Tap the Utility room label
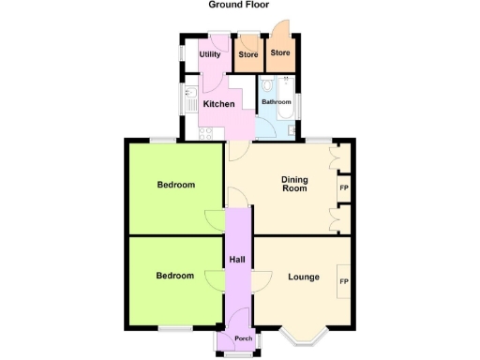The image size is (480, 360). [210, 54]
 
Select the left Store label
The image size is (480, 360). [247, 54]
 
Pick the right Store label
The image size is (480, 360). [280, 52]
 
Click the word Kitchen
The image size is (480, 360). [218, 103]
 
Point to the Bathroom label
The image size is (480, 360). [276, 101]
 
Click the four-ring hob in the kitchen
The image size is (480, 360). [190, 126]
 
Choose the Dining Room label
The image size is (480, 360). [295, 183]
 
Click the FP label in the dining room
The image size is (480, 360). [342, 187]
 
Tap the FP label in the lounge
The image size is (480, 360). [343, 282]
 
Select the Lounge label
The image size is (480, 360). [303, 277]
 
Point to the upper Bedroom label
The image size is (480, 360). [175, 185]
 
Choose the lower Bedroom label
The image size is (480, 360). [175, 276]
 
